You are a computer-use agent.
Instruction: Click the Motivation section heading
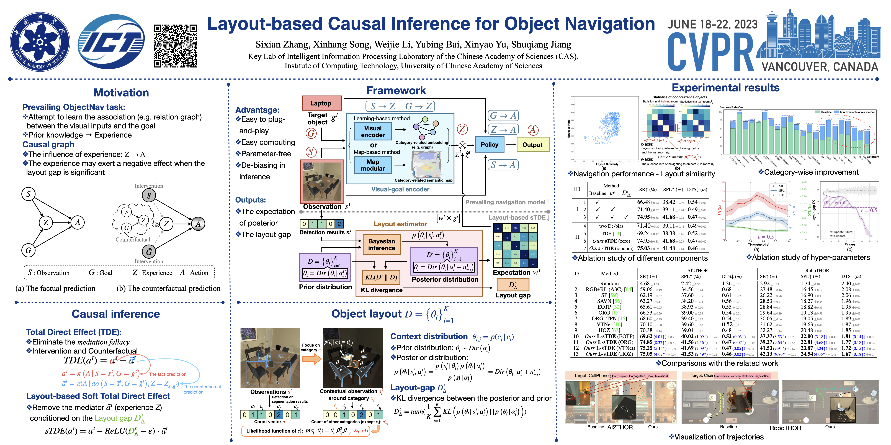coord(121,93)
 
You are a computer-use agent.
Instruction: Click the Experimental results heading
coord(725,88)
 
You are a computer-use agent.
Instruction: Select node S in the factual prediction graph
coord(28,194)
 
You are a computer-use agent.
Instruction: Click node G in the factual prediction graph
coord(28,250)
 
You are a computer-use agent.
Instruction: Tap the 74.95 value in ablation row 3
coord(643,217)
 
